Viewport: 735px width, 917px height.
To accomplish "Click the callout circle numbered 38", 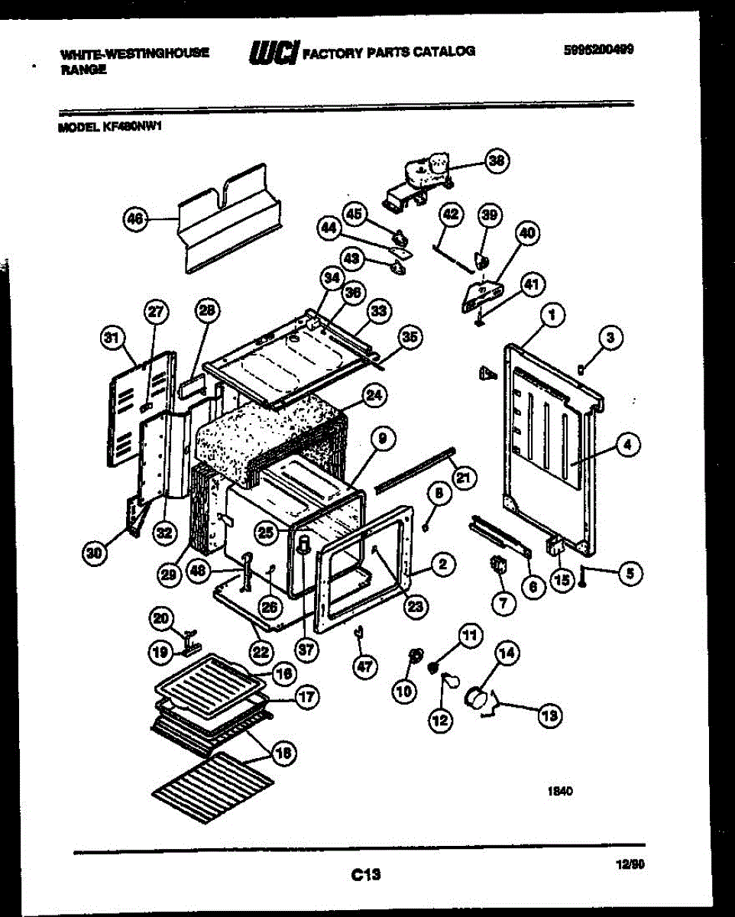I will [x=497, y=161].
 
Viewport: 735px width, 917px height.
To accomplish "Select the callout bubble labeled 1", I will [x=552, y=313].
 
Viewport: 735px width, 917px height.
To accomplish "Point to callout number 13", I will [x=549, y=716].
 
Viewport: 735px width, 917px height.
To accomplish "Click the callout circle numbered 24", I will [x=373, y=394].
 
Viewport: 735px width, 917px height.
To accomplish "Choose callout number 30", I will [x=94, y=554].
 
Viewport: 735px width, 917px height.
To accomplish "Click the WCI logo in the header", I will [x=273, y=52].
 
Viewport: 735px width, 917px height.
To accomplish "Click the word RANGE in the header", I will [x=83, y=69].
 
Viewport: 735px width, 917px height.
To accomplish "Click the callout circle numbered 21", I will [x=462, y=478].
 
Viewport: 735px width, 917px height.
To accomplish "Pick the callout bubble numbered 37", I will [x=307, y=650].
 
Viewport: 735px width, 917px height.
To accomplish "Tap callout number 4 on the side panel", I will [x=627, y=445].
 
